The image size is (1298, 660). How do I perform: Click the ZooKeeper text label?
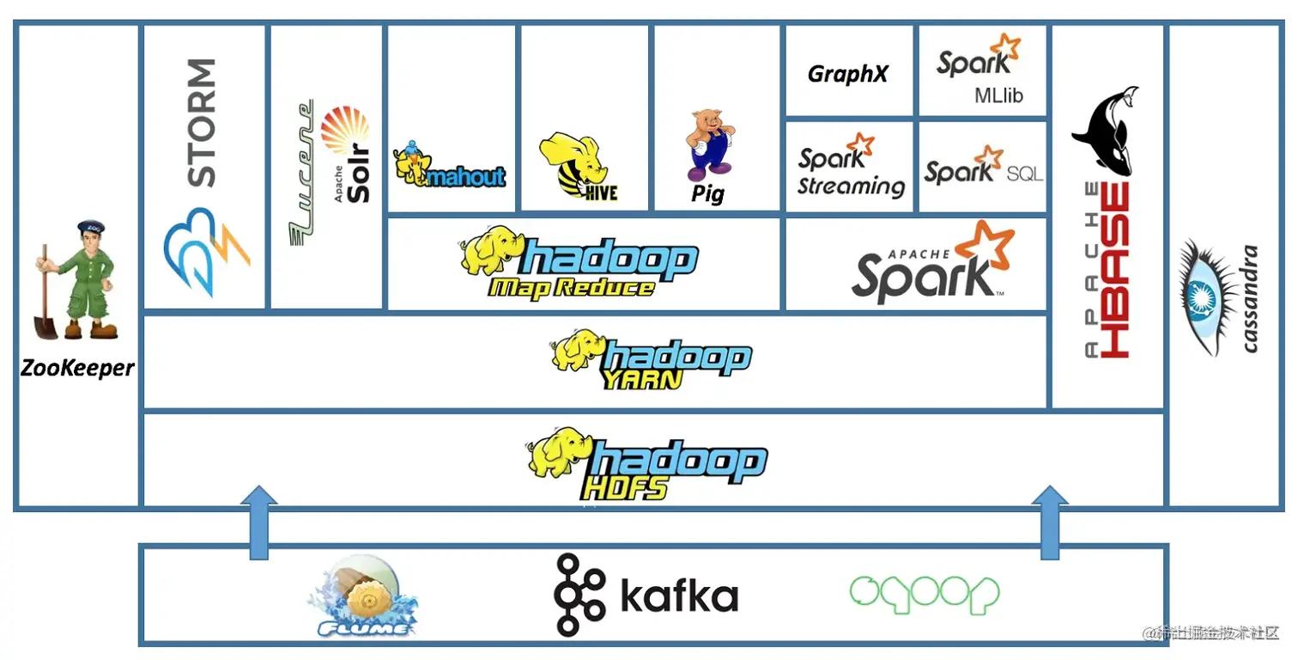pyautogui.click(x=77, y=369)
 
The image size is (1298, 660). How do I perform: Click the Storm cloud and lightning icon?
pyautogui.click(x=206, y=249)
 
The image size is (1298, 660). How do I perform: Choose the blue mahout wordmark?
pyautogui.click(x=466, y=177)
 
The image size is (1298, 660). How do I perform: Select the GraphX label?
pyautogui.click(x=847, y=75)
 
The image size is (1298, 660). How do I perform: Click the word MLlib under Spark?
pyautogui.click(x=998, y=95)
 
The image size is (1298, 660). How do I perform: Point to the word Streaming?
pyautogui.click(x=851, y=186)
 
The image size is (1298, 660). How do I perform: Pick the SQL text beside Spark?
pyautogui.click(x=1025, y=174)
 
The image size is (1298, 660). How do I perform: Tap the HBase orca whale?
pyautogui.click(x=1106, y=133)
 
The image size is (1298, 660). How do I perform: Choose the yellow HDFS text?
pyautogui.click(x=624, y=488)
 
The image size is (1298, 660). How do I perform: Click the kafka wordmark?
pyautogui.click(x=678, y=595)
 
